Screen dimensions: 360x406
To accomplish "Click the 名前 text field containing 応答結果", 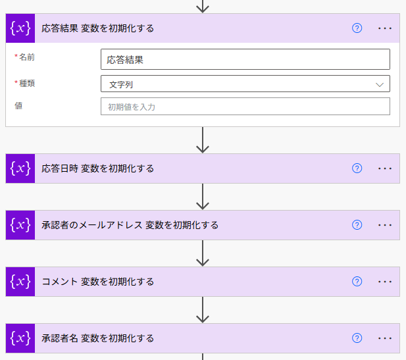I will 245,59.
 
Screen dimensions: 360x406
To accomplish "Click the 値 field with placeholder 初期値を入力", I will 245,107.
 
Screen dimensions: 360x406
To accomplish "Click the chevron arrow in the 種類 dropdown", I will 380,84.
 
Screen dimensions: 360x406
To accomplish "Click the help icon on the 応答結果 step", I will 357,28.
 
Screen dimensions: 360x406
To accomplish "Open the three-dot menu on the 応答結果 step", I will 385,28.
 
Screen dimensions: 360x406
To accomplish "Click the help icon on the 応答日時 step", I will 357,168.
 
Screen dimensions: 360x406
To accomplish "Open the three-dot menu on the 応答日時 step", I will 385,168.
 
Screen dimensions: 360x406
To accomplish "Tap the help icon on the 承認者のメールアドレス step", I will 357,225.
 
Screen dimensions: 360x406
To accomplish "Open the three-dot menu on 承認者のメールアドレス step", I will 385,225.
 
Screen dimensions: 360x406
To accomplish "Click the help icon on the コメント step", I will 357,282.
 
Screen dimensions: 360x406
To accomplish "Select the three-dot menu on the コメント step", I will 385,282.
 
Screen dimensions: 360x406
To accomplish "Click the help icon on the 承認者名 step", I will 357,338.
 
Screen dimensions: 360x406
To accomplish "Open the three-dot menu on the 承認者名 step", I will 385,338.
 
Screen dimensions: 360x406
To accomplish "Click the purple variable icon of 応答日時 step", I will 20,168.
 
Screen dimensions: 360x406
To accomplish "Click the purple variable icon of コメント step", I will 20,282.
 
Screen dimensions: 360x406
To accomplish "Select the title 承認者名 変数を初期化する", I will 98,338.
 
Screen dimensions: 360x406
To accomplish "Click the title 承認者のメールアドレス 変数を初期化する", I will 130,225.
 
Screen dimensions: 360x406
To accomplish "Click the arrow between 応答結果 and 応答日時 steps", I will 203,140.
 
